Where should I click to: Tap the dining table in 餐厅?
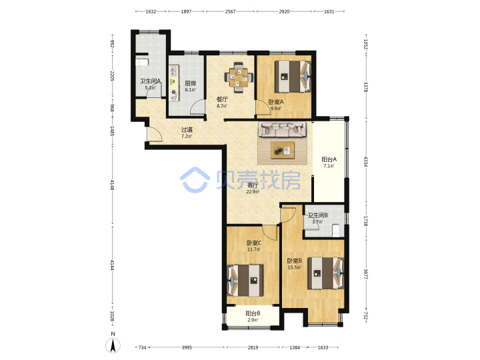point(239,77)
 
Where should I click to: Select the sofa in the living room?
point(282,129)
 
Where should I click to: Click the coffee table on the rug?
point(283,150)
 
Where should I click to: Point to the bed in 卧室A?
point(293,77)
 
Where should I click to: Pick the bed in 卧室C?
point(245,281)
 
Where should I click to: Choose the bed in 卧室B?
point(326,273)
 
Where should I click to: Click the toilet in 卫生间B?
point(337,230)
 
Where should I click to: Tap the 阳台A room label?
point(329,159)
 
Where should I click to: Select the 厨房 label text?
point(190,83)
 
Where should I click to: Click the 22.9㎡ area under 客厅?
point(253,192)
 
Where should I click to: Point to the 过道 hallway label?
point(187,130)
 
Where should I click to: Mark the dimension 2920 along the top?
point(284,11)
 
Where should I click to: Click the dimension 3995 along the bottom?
point(187,347)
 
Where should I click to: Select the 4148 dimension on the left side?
point(112,185)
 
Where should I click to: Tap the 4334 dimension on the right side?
point(365,161)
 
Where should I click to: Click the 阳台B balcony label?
point(253,313)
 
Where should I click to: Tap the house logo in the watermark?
point(195,180)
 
